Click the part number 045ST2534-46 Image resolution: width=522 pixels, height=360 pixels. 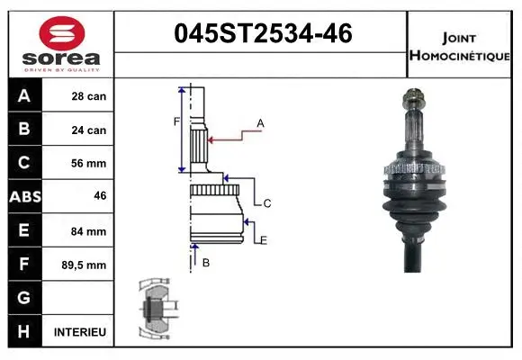coord(262,35)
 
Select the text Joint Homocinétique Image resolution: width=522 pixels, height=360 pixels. coord(461,46)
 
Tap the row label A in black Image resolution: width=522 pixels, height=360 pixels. coord(24,96)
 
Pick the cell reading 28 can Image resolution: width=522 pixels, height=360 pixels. coord(88,96)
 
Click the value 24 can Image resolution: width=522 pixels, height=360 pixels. coord(88,130)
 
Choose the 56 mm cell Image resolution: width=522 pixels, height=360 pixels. coord(88,164)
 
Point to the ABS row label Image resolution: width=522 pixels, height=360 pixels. coord(24,197)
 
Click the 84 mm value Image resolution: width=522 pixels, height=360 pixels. coord(88,231)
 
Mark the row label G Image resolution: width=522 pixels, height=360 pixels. coord(24,298)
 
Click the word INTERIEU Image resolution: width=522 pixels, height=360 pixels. coord(81,332)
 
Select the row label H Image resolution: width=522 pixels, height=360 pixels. coord(24,332)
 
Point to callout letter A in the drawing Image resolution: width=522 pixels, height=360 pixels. coord(260,122)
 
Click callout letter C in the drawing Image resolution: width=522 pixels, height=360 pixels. coord(267,203)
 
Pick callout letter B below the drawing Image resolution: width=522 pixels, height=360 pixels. coord(205,263)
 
